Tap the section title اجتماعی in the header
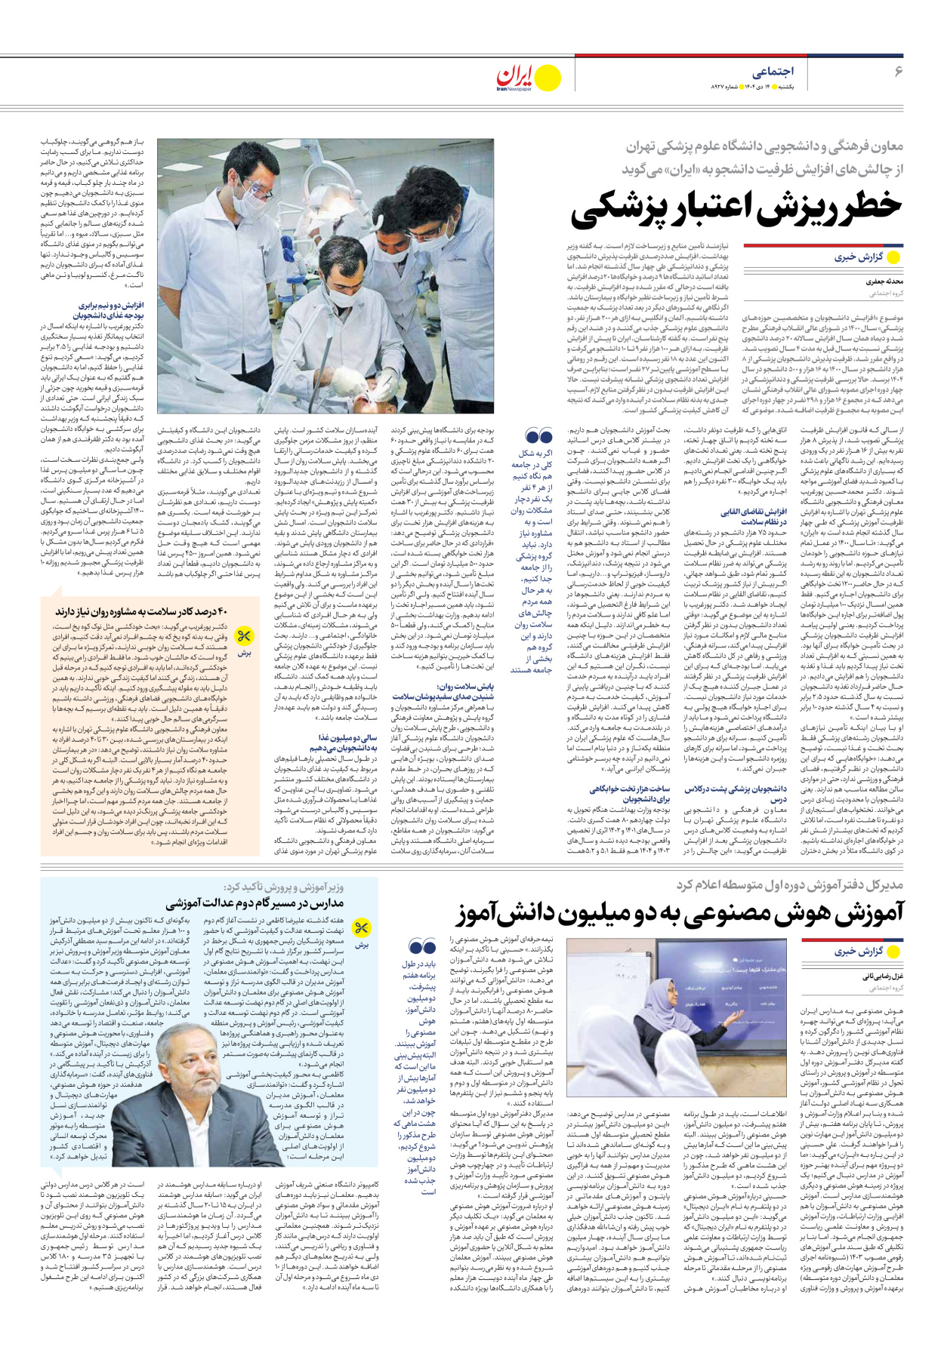(773, 72)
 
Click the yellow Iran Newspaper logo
(529, 77)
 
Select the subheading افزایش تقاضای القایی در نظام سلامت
(752, 517)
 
